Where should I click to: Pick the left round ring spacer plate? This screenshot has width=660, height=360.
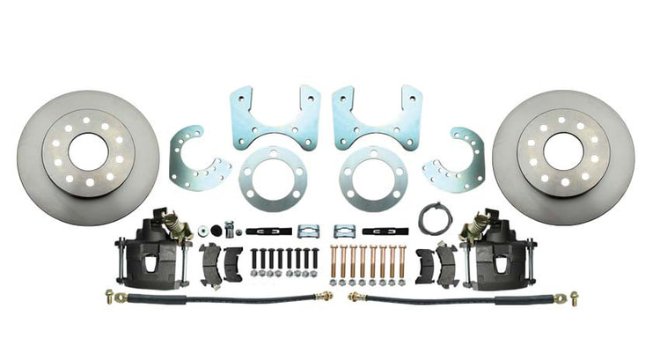273,173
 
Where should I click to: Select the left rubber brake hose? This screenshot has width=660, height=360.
220,301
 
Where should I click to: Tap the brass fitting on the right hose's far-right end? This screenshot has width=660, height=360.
574,297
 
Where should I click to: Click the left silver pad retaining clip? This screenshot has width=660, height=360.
307,231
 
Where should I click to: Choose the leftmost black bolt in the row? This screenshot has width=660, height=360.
255,261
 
